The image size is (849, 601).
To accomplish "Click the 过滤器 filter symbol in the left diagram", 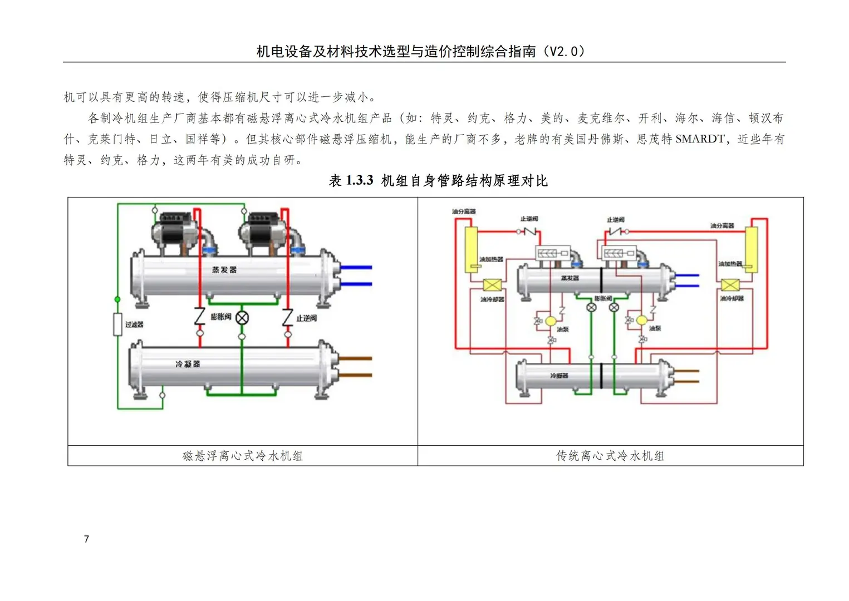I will tap(117, 324).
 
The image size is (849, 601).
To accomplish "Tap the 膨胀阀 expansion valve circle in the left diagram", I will tap(242, 318).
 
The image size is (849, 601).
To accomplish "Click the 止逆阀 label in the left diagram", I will tap(306, 318).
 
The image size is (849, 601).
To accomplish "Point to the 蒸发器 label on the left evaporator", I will tap(224, 270).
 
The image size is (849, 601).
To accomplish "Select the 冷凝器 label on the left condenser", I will tap(188, 364).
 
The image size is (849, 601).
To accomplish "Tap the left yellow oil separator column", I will tap(471, 249).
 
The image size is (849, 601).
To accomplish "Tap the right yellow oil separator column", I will tap(752, 249).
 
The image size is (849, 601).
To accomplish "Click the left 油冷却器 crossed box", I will tap(492, 285).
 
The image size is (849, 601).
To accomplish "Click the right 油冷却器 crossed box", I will tap(730, 285).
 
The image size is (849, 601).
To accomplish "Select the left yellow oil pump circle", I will tap(550, 321).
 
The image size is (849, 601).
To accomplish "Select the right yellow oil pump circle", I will tap(641, 321).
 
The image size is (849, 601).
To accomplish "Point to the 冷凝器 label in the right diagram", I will tap(559, 376).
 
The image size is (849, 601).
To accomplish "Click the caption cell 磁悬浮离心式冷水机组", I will tap(243, 456).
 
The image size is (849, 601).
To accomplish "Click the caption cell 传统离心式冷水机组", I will tap(610, 456).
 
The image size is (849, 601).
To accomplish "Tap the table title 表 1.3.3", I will tap(351, 180).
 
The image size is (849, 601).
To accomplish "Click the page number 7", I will tap(86, 539).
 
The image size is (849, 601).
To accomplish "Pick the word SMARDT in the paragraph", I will tap(700, 139).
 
